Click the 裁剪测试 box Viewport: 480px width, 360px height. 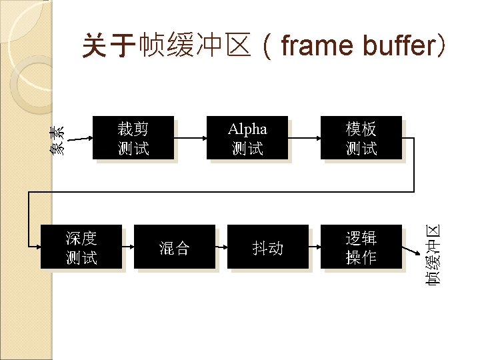click(134, 138)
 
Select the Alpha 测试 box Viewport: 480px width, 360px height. click(247, 138)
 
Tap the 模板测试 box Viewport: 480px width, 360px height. click(361, 138)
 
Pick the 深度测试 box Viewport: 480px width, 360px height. click(81, 247)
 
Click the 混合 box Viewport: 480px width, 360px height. click(175, 247)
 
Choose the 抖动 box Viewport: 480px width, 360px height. click(268, 247)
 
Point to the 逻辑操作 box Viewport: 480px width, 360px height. click(361, 247)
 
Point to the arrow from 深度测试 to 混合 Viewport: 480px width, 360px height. click(129, 247)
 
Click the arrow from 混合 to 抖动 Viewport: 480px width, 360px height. click(222, 247)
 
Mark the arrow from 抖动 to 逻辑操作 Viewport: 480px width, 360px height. click(315, 247)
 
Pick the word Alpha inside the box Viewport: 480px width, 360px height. click(247, 129)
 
